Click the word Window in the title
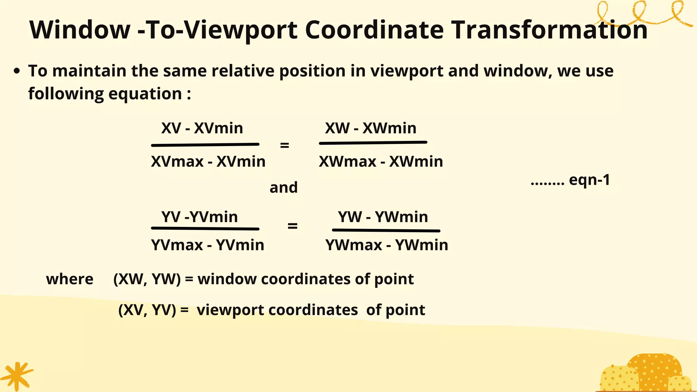80,30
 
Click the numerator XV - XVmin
202,128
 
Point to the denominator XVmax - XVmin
208,161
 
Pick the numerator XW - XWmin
371,128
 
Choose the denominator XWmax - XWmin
381,161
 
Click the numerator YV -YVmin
199,217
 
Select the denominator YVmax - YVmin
208,245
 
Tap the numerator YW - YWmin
383,217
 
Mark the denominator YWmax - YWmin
387,245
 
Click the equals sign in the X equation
285,145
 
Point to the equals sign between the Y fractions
292,226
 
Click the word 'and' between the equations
283,187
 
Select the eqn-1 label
589,180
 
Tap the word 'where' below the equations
70,279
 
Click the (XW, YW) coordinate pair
147,279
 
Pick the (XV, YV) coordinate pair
147,310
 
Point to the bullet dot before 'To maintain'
17,71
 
